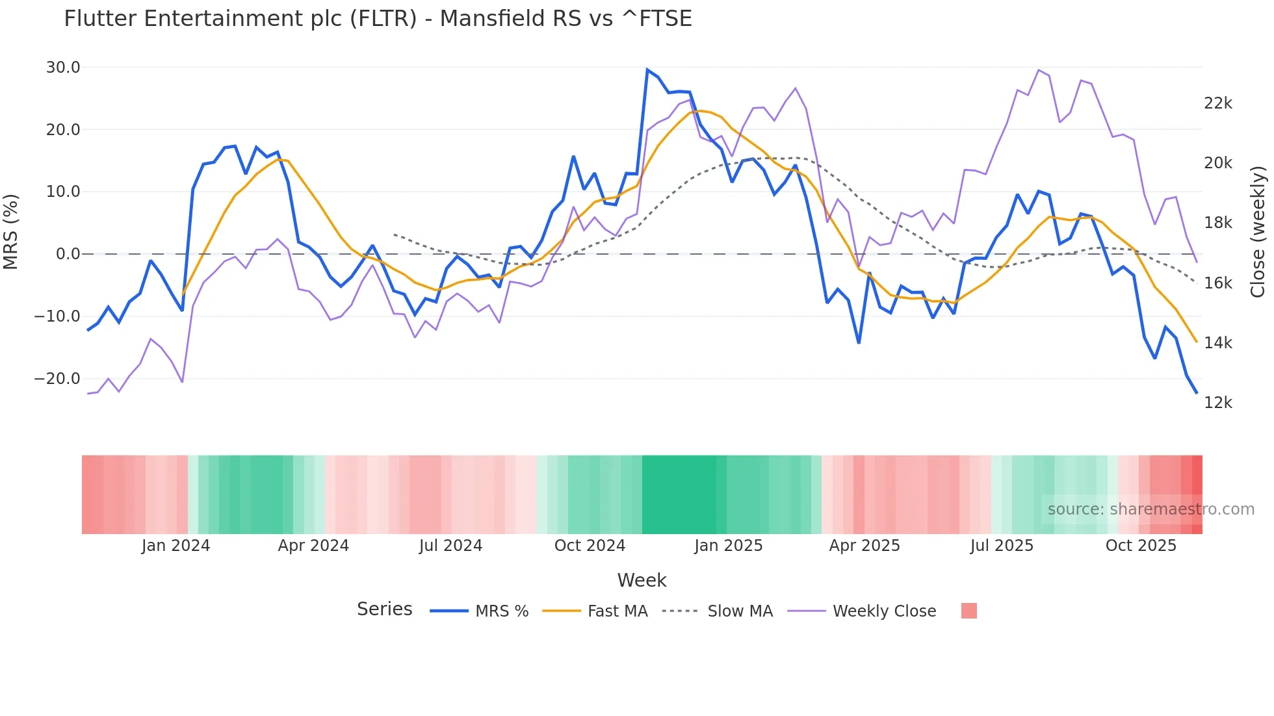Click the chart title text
[378, 19]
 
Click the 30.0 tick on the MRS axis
[63, 68]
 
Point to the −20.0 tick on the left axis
[57, 379]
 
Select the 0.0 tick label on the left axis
[68, 254]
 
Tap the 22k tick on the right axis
[1217, 103]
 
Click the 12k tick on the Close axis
[1217, 403]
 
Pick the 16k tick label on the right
[1217, 283]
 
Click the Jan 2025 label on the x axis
[728, 546]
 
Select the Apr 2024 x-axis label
[313, 546]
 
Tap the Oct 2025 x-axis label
[1141, 546]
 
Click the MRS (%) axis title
[11, 231]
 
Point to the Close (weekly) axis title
[1258, 231]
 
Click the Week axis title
[642, 580]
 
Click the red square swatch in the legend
[968, 611]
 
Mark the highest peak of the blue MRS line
[647, 70]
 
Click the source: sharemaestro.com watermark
[1150, 509]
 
